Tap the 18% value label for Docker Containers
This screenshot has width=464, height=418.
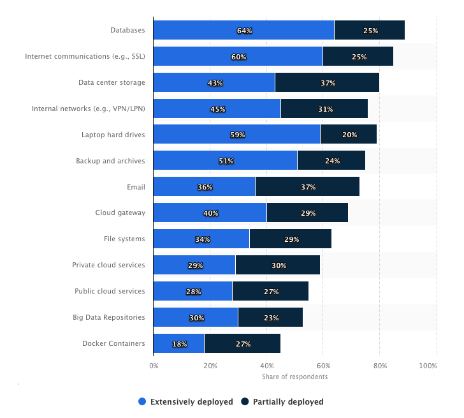(x=180, y=344)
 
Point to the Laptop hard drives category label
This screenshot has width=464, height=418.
(x=113, y=135)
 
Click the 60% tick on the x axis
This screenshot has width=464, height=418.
(x=323, y=366)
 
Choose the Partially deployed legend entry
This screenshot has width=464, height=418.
(x=282, y=402)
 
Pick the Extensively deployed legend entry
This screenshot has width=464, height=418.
(x=186, y=402)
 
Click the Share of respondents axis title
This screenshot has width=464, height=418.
(x=294, y=377)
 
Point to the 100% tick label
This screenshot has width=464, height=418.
(x=428, y=366)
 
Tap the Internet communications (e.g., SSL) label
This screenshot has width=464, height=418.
(x=85, y=56)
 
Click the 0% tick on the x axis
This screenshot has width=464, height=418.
(x=154, y=366)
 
